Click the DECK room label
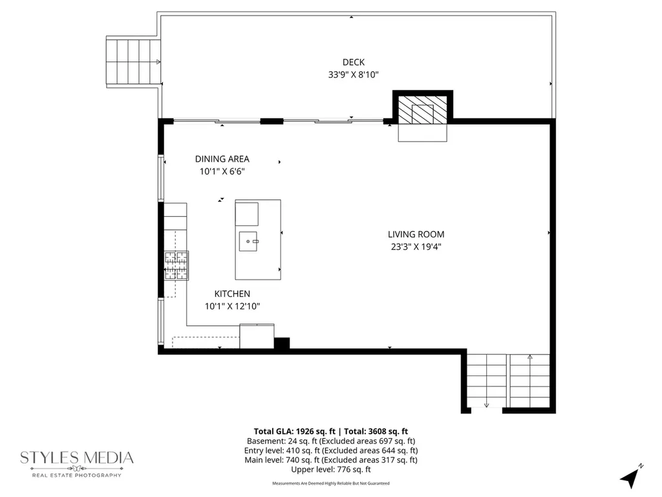point(354,62)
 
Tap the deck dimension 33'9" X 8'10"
point(354,75)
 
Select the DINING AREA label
point(222,159)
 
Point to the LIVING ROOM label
point(416,234)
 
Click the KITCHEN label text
point(232,294)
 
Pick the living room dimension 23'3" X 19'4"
point(416,247)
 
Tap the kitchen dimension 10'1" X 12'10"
point(232,306)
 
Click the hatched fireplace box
point(423,109)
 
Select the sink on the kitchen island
point(248,241)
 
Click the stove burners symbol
point(176,265)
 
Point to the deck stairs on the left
point(133,61)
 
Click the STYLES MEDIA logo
point(77,463)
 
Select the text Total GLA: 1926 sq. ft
point(294,432)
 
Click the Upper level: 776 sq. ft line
point(331,470)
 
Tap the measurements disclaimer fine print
point(331,483)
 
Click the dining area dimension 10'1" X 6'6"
point(222,171)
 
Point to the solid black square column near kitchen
point(282,343)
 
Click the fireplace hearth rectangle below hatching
point(423,133)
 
